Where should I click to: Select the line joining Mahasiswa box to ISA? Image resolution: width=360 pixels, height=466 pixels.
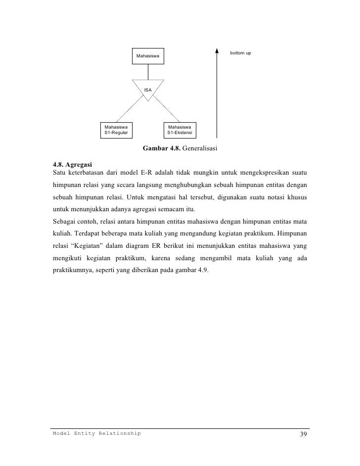[148, 72]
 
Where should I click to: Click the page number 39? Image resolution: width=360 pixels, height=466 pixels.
[303, 434]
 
